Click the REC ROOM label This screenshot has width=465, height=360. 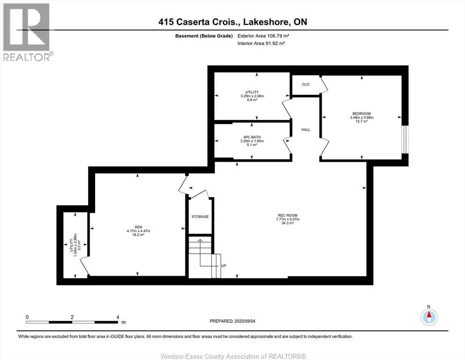[288, 216]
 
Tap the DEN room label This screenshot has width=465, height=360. [138, 227]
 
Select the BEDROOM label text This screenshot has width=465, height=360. [362, 113]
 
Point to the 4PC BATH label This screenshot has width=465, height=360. [252, 137]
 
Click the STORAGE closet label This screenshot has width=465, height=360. [200, 217]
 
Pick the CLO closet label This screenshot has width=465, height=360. [306, 84]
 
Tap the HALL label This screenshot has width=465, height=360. [306, 130]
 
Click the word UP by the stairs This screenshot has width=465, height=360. [224, 266]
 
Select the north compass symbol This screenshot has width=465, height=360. [429, 317]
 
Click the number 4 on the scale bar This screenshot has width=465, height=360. [118, 317]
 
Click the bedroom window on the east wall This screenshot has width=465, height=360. [405, 139]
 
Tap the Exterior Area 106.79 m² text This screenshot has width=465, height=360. [263, 36]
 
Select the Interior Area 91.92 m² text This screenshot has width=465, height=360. [261, 43]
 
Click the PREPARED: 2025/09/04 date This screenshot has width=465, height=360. [232, 321]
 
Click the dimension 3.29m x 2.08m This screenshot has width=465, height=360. [252, 96]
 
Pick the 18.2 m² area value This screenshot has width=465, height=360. [138, 235]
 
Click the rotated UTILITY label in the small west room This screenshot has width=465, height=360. [71, 246]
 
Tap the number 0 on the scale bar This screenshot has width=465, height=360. [27, 317]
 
